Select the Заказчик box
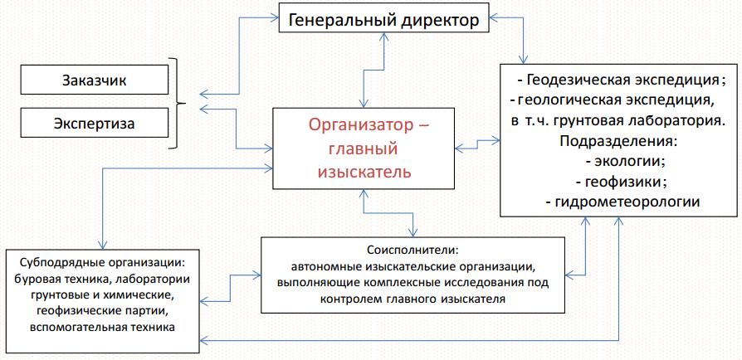[x=94, y=80]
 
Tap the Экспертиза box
[x=94, y=124]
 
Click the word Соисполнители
[x=412, y=249]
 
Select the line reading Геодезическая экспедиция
[x=622, y=80]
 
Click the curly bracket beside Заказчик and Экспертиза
[x=175, y=103]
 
